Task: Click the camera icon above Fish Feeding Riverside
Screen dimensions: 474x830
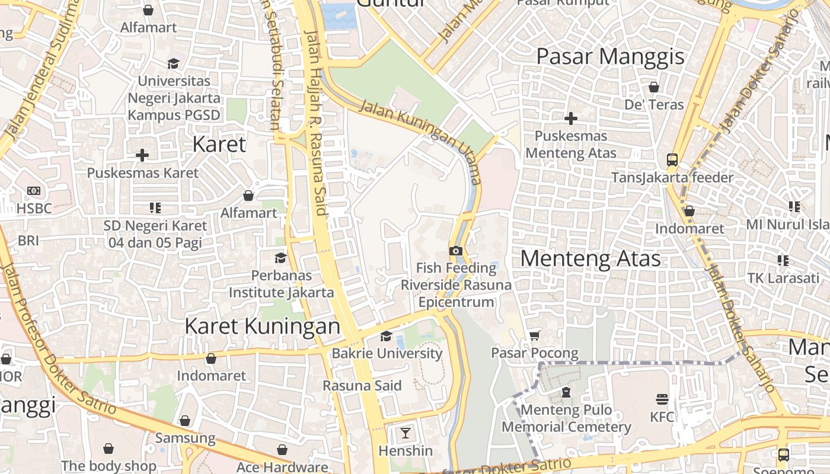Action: click(x=455, y=251)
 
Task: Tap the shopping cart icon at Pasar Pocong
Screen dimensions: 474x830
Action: click(x=534, y=335)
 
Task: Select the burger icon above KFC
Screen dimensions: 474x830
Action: click(x=662, y=399)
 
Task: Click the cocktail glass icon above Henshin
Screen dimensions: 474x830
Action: click(x=405, y=433)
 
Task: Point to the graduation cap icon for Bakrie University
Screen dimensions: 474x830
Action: click(x=386, y=336)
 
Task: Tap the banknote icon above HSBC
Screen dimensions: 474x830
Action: click(x=34, y=191)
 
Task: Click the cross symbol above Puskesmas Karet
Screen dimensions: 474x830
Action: click(x=142, y=155)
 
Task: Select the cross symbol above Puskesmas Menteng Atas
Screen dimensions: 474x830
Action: click(x=570, y=118)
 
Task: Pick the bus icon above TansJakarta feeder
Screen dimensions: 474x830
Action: click(x=672, y=159)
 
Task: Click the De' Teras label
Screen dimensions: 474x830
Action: click(x=654, y=105)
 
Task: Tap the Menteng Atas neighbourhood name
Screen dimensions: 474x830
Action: click(x=590, y=259)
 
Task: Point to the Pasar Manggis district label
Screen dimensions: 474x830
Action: click(x=610, y=56)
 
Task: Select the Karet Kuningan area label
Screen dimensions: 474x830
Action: click(x=262, y=326)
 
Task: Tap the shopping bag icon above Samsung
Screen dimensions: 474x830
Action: click(x=185, y=421)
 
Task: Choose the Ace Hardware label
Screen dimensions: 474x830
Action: click(x=282, y=467)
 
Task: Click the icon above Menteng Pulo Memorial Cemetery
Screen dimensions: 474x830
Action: click(x=566, y=392)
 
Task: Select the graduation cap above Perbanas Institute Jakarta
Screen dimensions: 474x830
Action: click(x=280, y=258)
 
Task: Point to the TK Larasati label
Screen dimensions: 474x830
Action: click(x=783, y=278)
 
